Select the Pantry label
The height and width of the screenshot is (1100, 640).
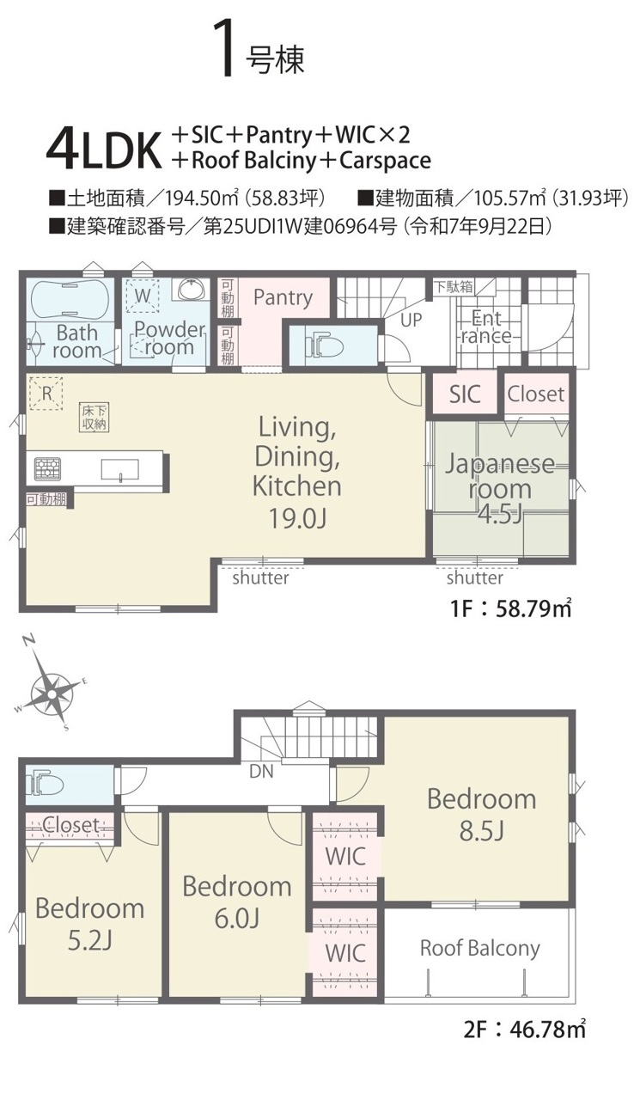283,297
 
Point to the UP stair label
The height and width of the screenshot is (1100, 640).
411,320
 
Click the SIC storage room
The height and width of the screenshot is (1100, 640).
464,393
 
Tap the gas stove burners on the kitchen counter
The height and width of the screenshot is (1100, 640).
47,468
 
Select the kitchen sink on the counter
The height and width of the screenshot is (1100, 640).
120,469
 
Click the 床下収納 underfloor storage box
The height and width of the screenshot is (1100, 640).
94,418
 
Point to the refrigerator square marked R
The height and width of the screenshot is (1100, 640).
46,393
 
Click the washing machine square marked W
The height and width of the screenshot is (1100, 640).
143,296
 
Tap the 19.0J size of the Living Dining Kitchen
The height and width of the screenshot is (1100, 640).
298,517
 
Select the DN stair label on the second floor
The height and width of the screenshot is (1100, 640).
261,772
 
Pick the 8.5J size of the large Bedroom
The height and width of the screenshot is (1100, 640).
482,831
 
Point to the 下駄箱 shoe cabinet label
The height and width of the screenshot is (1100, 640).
454,286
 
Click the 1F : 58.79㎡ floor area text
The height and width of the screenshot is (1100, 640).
511,609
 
